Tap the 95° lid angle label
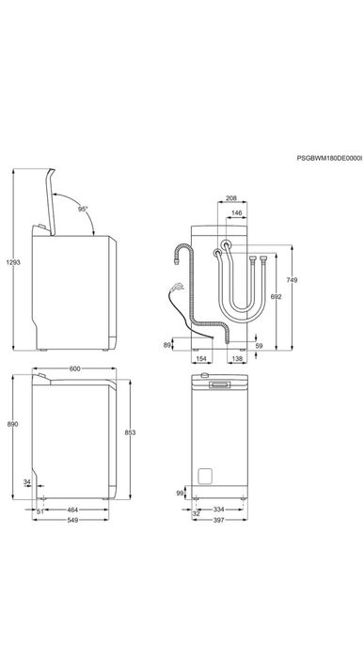click(x=83, y=209)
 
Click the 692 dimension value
click(x=276, y=296)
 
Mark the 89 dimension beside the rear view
click(x=167, y=345)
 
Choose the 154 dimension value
click(x=201, y=359)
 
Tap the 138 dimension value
click(x=237, y=359)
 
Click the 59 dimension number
click(x=259, y=346)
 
